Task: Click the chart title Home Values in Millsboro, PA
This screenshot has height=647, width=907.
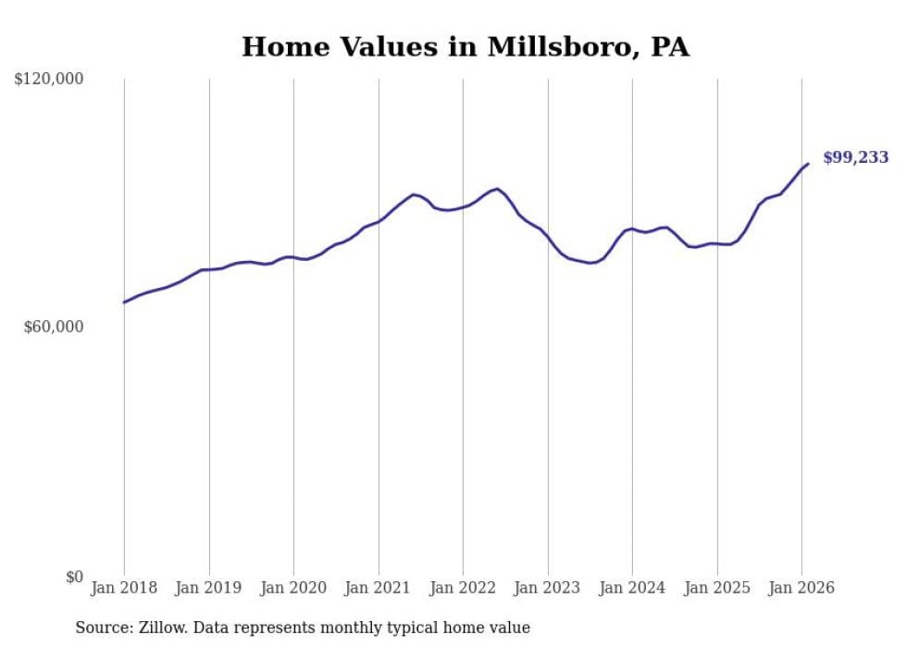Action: [466, 46]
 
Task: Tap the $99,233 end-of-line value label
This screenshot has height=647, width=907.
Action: [855, 157]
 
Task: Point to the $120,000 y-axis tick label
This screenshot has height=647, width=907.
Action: [49, 80]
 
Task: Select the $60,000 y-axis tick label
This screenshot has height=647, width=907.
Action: [53, 327]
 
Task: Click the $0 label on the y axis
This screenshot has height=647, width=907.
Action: [74, 577]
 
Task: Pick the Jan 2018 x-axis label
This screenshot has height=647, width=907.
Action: [124, 588]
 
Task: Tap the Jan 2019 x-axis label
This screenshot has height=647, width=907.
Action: [209, 588]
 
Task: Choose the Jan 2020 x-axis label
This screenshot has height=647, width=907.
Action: [293, 588]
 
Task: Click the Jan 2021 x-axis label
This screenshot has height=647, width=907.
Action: [379, 588]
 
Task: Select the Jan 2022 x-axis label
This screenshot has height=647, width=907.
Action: [463, 588]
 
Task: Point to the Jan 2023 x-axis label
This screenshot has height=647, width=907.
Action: [548, 588]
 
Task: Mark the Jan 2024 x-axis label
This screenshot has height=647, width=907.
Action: [632, 588]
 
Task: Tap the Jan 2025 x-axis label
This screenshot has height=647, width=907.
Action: [717, 588]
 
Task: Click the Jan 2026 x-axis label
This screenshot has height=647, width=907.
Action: [801, 588]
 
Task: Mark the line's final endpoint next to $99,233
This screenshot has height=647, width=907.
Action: [808, 164]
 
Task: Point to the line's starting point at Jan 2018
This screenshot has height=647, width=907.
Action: [124, 302]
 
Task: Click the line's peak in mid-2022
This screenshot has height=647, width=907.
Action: [498, 189]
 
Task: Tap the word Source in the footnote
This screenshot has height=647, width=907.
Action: [100, 628]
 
